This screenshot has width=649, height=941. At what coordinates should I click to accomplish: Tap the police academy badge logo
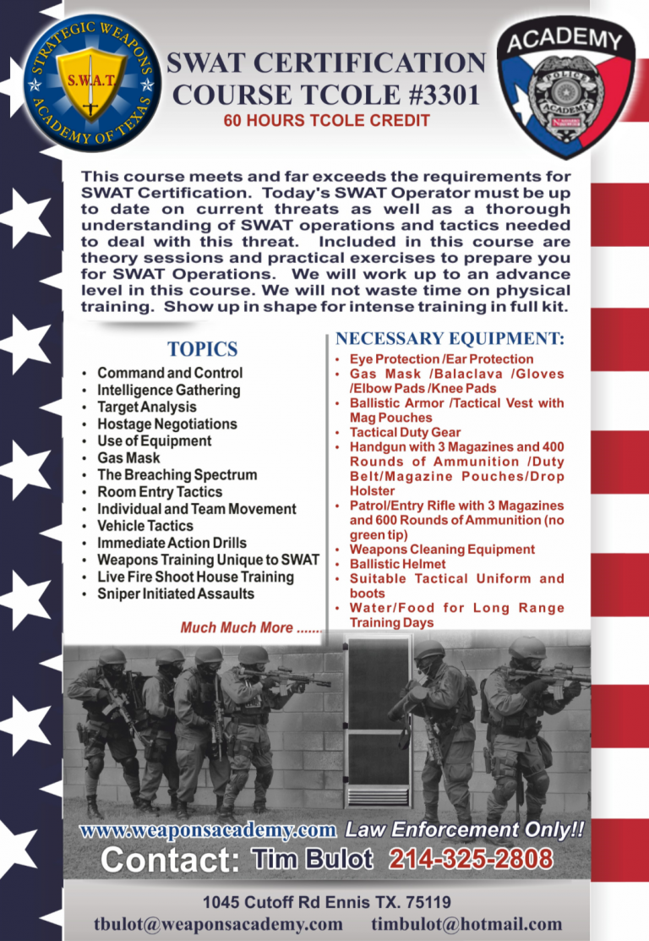click(565, 88)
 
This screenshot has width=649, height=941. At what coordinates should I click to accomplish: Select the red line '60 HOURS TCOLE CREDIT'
click(326, 120)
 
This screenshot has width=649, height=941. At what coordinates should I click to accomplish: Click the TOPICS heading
click(202, 349)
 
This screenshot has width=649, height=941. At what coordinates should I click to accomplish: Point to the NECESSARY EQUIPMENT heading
click(450, 339)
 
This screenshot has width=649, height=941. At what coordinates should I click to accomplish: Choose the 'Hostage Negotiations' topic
click(167, 424)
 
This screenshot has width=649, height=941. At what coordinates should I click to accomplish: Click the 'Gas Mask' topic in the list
click(128, 457)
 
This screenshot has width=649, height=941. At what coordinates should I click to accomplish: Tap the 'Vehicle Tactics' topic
click(145, 526)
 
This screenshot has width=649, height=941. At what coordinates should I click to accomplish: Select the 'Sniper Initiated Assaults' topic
click(176, 594)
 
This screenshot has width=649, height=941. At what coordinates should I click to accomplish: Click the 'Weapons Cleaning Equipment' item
click(442, 550)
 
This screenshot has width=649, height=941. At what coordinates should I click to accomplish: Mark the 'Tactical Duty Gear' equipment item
click(405, 432)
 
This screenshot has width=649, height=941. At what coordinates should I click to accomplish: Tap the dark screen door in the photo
click(378, 718)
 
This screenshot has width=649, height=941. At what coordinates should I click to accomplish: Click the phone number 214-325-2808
click(471, 861)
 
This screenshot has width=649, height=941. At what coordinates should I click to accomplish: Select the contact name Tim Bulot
click(313, 861)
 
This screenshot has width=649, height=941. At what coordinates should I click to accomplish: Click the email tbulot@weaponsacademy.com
click(219, 924)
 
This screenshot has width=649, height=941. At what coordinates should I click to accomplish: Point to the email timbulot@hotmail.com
click(466, 924)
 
